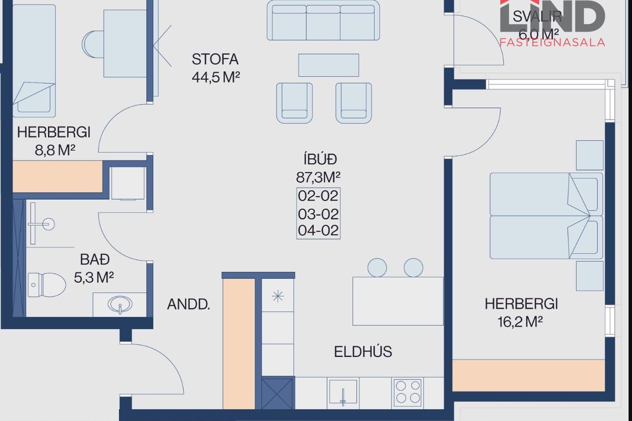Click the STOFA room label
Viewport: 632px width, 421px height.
click(215, 59)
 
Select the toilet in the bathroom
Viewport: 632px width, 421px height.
click(47, 285)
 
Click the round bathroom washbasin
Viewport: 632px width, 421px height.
click(120, 304)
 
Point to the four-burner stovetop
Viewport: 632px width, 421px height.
click(408, 391)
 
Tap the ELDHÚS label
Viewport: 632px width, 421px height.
click(363, 352)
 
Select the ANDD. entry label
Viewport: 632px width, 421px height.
click(189, 304)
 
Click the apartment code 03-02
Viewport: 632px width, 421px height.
click(318, 214)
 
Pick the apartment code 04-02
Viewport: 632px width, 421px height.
click(318, 230)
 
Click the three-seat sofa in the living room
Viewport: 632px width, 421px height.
click(323, 20)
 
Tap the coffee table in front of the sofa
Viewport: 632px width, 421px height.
click(329, 65)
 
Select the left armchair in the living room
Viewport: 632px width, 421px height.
click(295, 103)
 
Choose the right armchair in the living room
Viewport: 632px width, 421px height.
click(354, 103)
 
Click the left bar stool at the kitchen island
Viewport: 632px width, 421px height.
click(377, 267)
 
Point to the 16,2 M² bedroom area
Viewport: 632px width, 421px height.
click(520, 322)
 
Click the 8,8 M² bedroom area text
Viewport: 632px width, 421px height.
click(55, 150)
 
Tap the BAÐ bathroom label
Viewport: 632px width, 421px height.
click(95, 260)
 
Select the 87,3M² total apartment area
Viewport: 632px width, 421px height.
click(318, 178)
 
